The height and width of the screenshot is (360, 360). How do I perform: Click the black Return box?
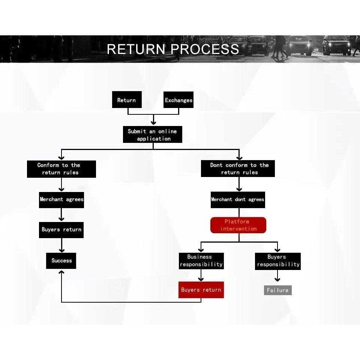(127, 100)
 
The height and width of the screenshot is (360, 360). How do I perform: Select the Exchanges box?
(178, 100)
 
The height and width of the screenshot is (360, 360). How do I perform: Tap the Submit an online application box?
(153, 134)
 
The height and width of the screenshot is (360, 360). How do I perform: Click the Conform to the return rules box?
(61, 169)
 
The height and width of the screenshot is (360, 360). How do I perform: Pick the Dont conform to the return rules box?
(238, 168)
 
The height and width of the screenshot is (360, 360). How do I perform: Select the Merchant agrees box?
(61, 200)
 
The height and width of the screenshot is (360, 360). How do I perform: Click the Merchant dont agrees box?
(238, 200)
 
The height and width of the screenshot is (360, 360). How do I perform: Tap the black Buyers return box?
(61, 230)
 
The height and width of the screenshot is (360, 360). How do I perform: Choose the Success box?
(61, 261)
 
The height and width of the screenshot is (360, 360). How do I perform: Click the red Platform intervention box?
(238, 225)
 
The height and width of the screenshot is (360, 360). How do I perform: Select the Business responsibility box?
(201, 261)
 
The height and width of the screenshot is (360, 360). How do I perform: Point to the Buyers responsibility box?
(278, 261)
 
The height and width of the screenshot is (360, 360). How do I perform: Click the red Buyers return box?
(201, 290)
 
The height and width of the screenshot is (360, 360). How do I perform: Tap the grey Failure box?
(278, 290)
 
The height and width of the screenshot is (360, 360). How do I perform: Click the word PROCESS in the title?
(205, 49)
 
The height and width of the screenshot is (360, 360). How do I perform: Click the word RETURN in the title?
(136, 49)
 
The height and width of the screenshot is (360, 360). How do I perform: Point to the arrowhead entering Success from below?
(61, 272)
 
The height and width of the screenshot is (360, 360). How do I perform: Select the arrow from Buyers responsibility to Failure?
(277, 276)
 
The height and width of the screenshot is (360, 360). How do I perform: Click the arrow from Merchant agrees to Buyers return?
(61, 214)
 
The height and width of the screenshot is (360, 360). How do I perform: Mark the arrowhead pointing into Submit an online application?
(153, 123)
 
